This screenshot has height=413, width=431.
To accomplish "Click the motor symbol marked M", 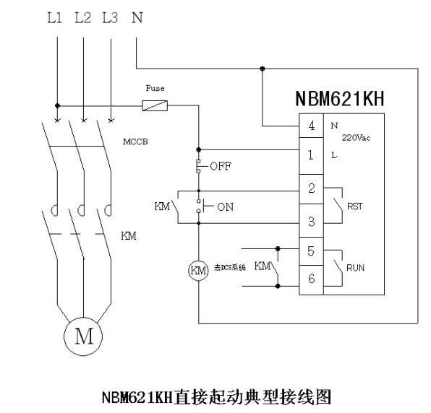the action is point(83,336).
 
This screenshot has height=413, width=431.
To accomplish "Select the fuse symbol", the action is point(155,105).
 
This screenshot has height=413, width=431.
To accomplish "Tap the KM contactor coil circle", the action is point(198,271).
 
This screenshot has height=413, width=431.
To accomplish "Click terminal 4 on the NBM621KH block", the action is point(311,126).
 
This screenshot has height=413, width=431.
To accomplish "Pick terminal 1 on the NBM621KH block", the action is point(311,155).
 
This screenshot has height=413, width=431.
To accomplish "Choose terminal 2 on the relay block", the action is point(311,188).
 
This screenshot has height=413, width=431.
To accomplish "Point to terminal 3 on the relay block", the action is point(311,221).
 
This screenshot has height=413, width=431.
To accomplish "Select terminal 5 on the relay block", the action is point(311,251).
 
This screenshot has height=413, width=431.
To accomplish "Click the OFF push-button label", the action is point(221,166).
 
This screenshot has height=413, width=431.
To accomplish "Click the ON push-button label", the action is point(226,206).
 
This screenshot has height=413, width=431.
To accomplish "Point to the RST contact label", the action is point(355,206).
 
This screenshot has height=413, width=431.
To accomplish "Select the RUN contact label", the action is point(355,268).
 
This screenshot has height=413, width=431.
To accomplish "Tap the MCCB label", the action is point(135,142).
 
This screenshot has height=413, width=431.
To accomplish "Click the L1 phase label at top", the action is point(55,18).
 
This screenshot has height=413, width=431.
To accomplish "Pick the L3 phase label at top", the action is point(110,18).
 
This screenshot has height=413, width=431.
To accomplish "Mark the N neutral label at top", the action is point(137,18).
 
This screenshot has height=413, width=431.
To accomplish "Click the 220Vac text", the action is point(357,137).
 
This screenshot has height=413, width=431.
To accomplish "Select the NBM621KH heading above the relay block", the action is point(340,98).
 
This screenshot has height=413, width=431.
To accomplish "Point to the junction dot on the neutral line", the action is point(263,69).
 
